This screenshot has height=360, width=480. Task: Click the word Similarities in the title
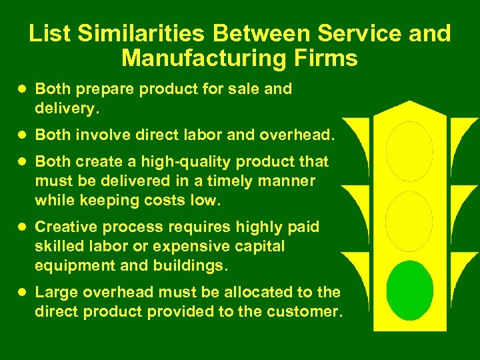142,33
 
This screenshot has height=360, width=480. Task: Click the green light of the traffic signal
410,290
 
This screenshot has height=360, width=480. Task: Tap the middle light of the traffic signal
410,221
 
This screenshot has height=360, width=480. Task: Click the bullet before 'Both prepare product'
23,89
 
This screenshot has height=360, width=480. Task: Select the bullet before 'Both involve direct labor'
23,135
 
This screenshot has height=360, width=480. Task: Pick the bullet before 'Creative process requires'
23,227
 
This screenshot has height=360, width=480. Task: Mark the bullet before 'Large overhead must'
23,292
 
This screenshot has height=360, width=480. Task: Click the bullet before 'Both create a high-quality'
23,161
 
